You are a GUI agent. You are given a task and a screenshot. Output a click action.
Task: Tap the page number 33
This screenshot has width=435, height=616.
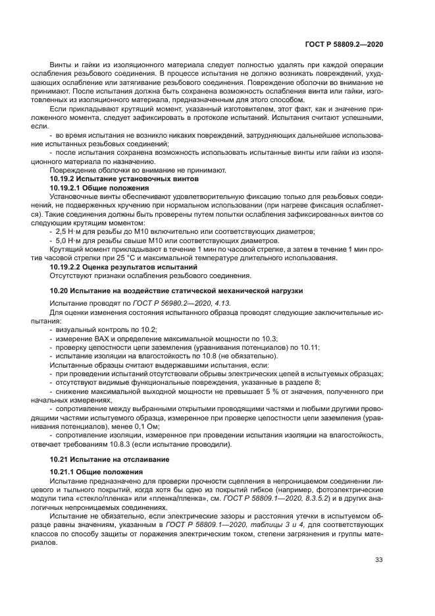378,560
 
